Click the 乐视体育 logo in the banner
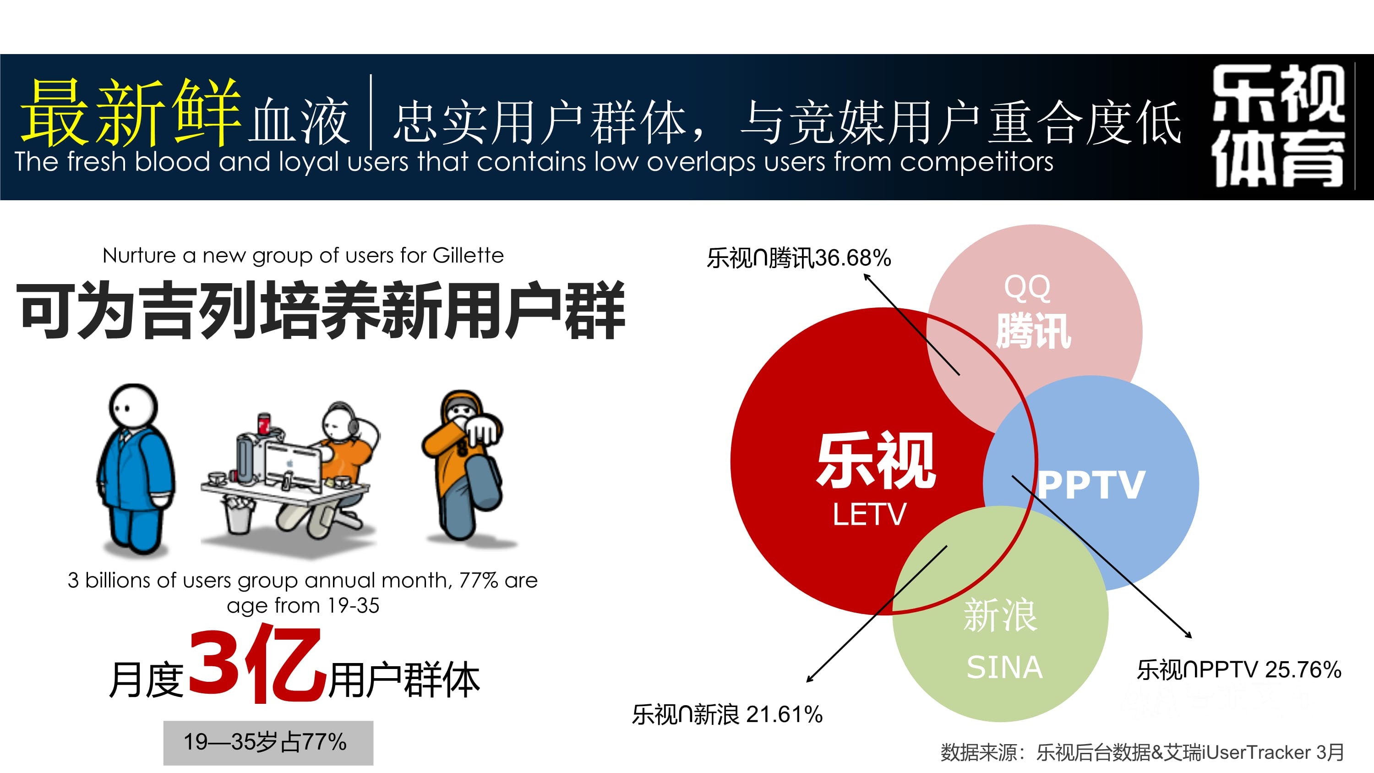(x=1278, y=126)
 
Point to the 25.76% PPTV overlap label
(x=1239, y=669)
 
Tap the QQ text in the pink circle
(x=1027, y=289)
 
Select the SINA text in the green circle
(x=1005, y=667)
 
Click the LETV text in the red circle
(x=869, y=514)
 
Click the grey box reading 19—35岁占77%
(x=268, y=743)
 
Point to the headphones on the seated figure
(x=349, y=419)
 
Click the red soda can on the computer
(x=264, y=424)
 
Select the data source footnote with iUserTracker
(x=1142, y=752)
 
